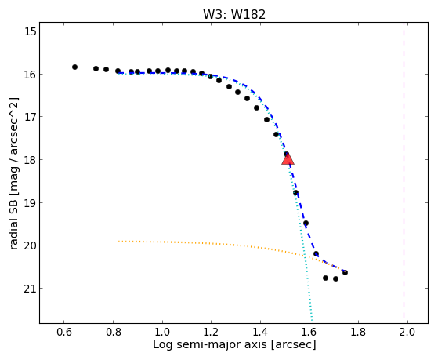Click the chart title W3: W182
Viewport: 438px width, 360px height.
pyautogui.click(x=234, y=14)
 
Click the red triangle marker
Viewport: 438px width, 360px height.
pyautogui.click(x=288, y=158)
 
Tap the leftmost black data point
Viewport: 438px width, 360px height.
pyautogui.click(x=74, y=67)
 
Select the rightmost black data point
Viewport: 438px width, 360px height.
pyautogui.click(x=345, y=272)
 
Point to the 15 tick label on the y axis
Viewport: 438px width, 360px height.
pyautogui.click(x=30, y=31)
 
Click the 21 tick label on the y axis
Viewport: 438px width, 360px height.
pyautogui.click(x=30, y=288)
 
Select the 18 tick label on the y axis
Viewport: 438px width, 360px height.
pyautogui.click(x=30, y=160)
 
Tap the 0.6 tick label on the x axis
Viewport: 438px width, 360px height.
pyautogui.click(x=64, y=333)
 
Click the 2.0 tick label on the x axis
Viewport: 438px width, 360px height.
pyautogui.click(x=407, y=333)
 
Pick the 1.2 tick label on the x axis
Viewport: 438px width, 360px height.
pyautogui.click(x=211, y=333)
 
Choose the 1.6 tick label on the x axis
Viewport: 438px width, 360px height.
pyautogui.click(x=309, y=333)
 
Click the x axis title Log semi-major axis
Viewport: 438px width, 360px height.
pyautogui.click(x=209, y=344)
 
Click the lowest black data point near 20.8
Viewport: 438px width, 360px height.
pyautogui.click(x=336, y=279)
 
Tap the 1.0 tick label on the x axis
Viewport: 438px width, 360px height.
pyautogui.click(x=162, y=333)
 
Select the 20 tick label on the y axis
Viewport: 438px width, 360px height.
pyautogui.click(x=30, y=245)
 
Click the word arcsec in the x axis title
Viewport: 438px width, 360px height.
pyautogui.click(x=293, y=344)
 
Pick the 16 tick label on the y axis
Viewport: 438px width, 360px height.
pyautogui.click(x=30, y=75)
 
